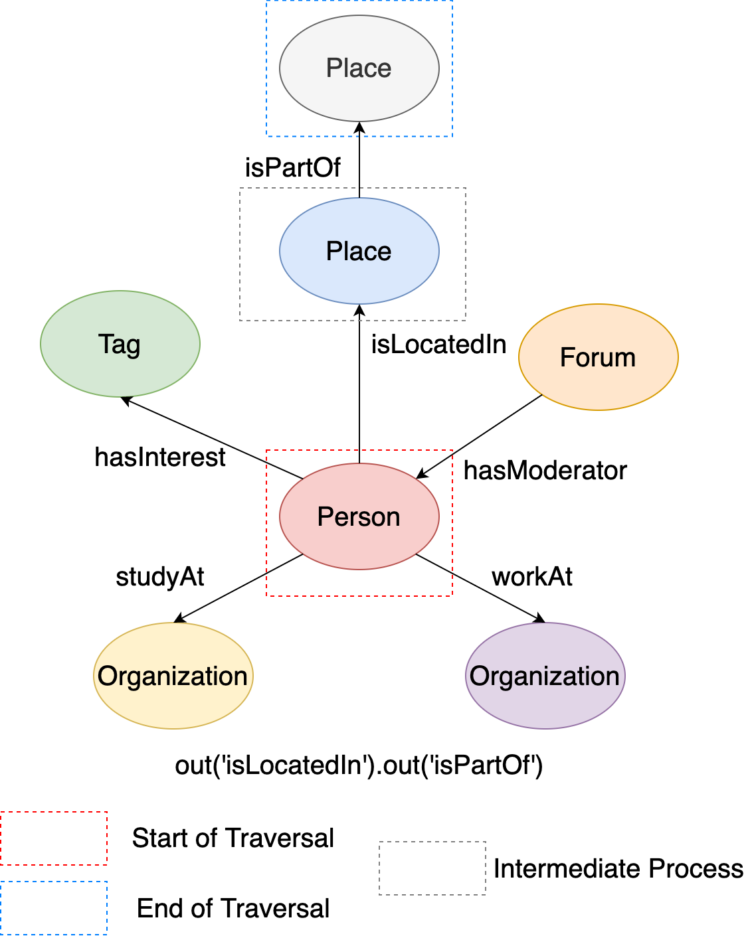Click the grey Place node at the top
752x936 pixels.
pyautogui.click(x=359, y=68)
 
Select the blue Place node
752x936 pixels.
pyautogui.click(x=359, y=252)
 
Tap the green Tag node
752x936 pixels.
pyautogui.click(x=120, y=344)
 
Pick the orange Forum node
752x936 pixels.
pyautogui.click(x=598, y=357)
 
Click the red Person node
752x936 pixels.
pyautogui.click(x=359, y=516)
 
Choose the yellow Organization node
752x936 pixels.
pyautogui.click(x=173, y=676)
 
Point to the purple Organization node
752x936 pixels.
pyautogui.click(x=545, y=676)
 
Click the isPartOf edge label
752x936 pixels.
pyautogui.click(x=292, y=168)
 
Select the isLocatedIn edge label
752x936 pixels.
pyautogui.click(x=438, y=345)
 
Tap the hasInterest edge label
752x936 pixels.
pyautogui.click(x=160, y=457)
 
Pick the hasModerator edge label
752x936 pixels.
pyautogui.click(x=545, y=471)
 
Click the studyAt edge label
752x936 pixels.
pyautogui.click(x=160, y=577)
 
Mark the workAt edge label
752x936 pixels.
pyautogui.click(x=532, y=577)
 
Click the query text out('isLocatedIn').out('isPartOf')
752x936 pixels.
pyautogui.click(x=359, y=765)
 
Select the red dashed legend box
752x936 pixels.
pyautogui.click(x=54, y=838)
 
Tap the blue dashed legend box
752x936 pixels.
pyautogui.click(x=54, y=908)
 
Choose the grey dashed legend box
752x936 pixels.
pyautogui.click(x=432, y=868)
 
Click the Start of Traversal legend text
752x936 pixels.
pyautogui.click(x=233, y=838)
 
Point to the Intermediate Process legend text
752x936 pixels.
pyautogui.click(x=618, y=869)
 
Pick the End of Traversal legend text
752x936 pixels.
pyautogui.click(x=233, y=909)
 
